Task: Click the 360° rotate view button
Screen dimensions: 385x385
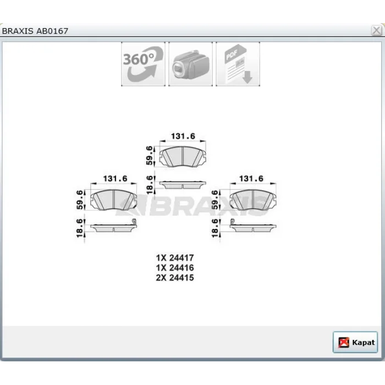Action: pos(143,64)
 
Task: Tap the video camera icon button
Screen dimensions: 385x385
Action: pos(190,64)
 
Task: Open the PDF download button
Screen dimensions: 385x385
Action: pos(238,64)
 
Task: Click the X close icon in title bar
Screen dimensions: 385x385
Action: pos(376,31)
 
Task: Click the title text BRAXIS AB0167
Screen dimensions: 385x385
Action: pos(35,31)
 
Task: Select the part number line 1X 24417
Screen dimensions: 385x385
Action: pos(175,258)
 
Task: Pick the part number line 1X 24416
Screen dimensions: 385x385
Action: pos(175,268)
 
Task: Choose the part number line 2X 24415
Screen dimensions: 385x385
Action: pos(175,278)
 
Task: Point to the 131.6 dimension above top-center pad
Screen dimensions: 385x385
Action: pos(183,136)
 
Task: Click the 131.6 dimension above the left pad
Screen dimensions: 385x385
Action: pos(115,179)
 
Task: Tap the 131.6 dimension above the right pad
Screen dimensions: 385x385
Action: pos(251,179)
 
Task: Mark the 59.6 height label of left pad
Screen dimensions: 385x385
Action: pos(80,200)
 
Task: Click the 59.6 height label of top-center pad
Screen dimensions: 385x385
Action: pos(149,156)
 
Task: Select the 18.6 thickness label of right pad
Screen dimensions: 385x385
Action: pos(215,228)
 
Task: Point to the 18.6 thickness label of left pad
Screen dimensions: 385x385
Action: pos(80,228)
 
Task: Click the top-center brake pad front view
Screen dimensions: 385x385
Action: pos(183,157)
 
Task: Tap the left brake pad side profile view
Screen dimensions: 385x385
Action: pos(113,227)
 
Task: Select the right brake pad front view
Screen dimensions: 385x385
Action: pos(253,200)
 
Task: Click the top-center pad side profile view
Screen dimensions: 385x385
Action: pos(183,185)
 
